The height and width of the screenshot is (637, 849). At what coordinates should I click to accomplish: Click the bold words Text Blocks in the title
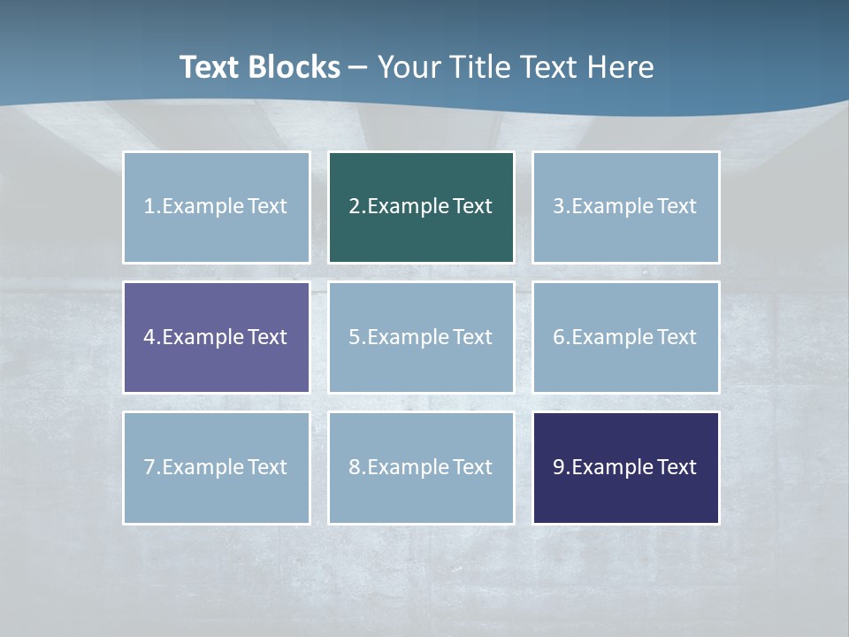[x=259, y=67]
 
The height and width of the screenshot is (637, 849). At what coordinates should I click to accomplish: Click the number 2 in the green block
[x=354, y=206]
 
